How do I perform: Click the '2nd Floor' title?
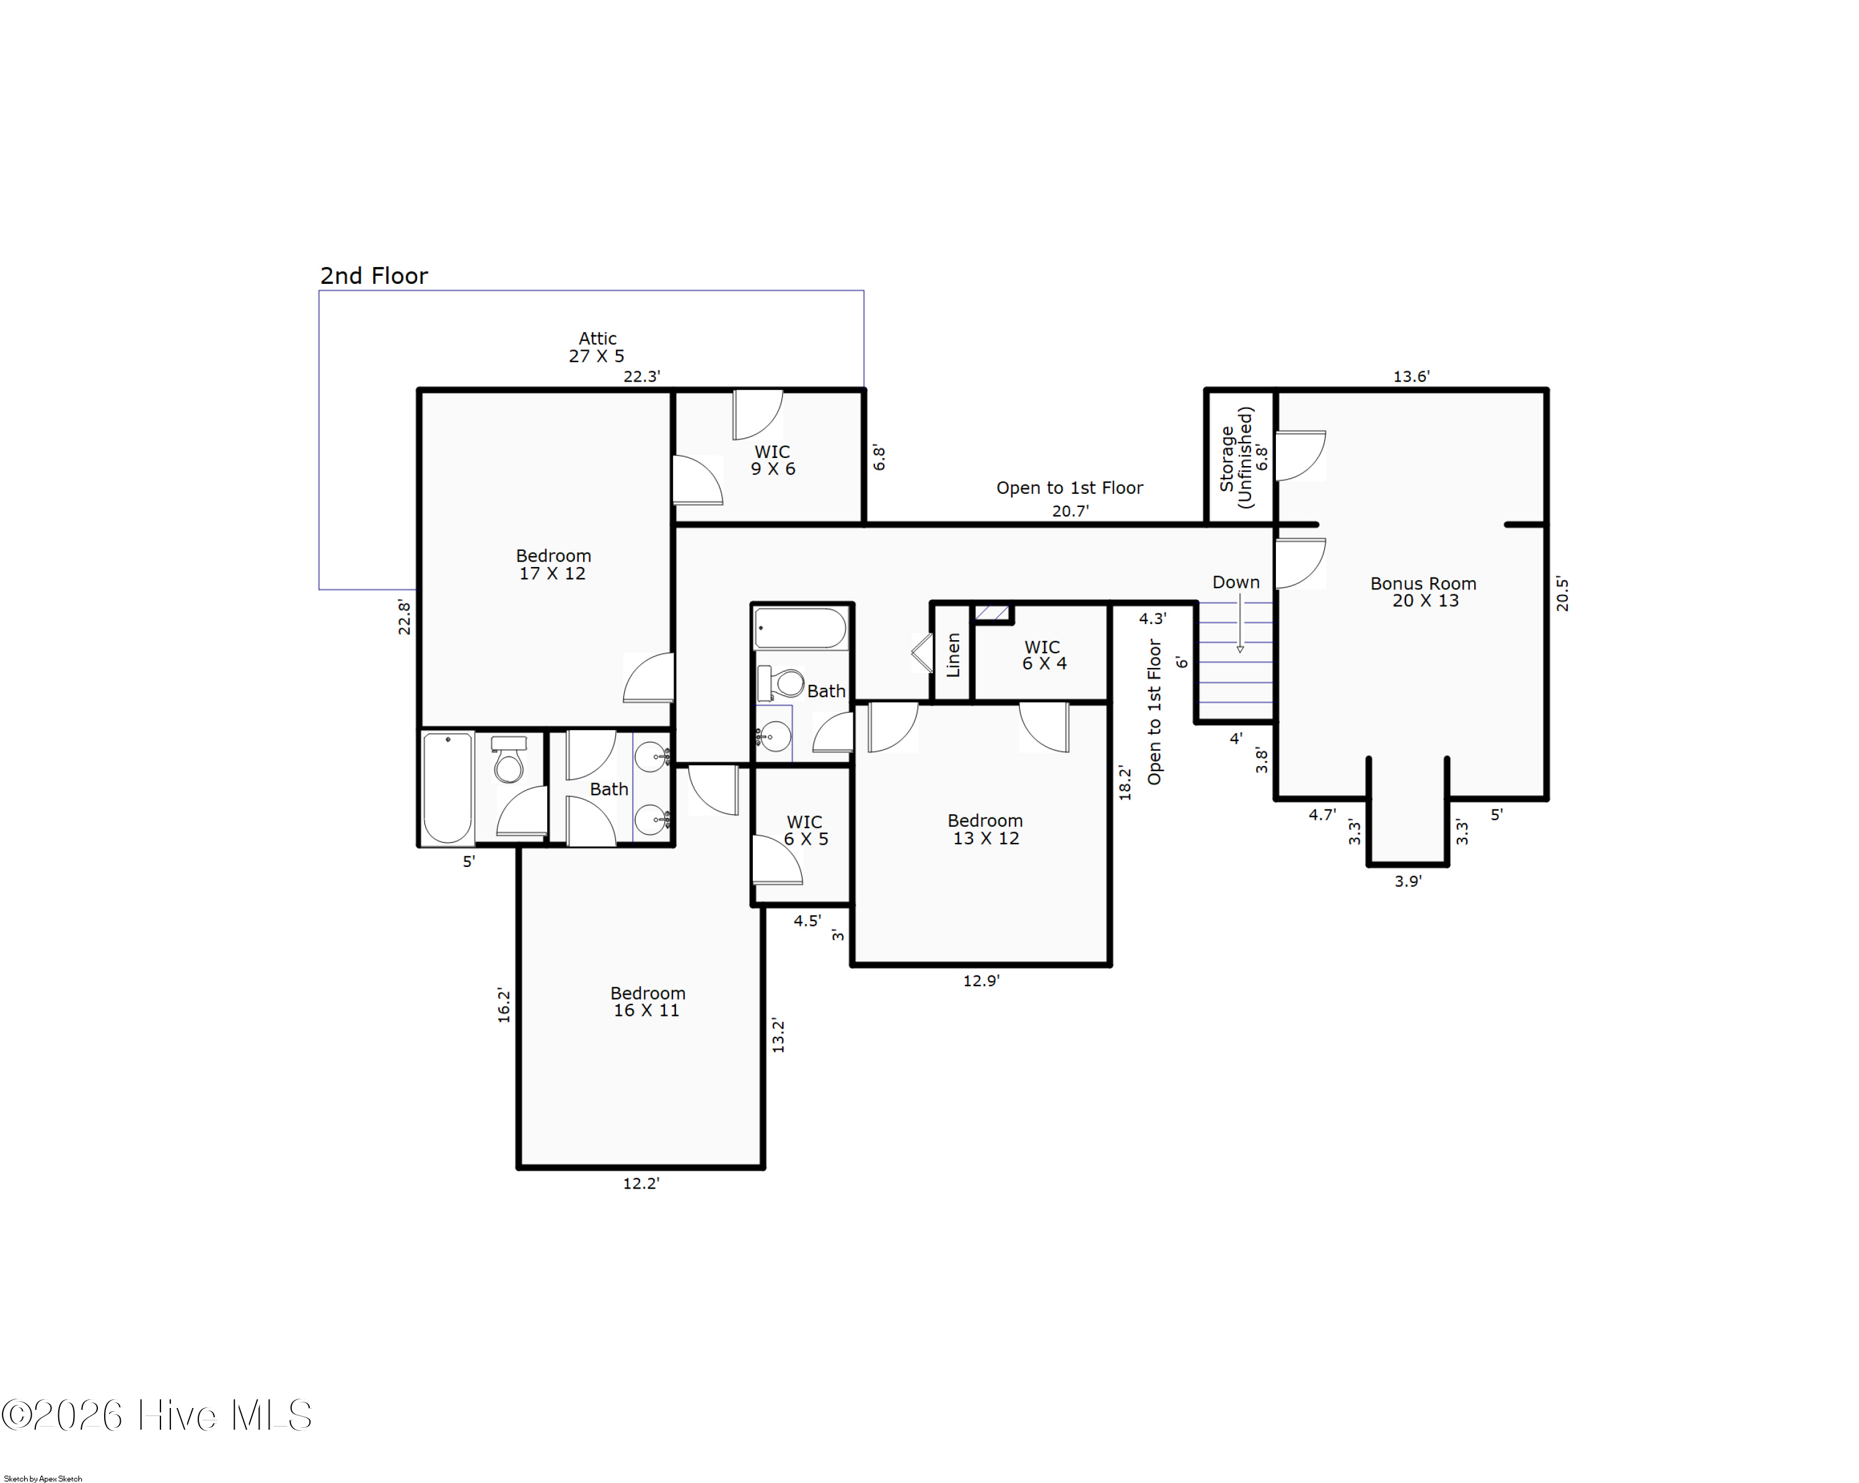coord(374,276)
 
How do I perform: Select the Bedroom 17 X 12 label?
coord(553,565)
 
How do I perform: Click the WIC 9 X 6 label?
coord(773,460)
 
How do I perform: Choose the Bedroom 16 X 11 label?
coord(648,1002)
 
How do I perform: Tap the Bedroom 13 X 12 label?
coord(985,829)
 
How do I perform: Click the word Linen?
coord(954,655)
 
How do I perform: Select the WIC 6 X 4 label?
coord(1044,655)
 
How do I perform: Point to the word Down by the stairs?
coord(1236,582)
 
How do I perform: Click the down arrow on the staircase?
coord(1240,623)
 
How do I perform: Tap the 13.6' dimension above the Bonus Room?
coord(1412,376)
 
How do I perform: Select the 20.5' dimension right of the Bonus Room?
coord(1562,594)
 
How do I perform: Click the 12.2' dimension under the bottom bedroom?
coord(641,1184)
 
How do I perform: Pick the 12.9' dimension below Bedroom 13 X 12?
coord(981,980)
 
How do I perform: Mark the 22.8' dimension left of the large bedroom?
coord(403,617)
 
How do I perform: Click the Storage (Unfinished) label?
coord(1236,458)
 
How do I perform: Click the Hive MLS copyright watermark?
coord(156,1415)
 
